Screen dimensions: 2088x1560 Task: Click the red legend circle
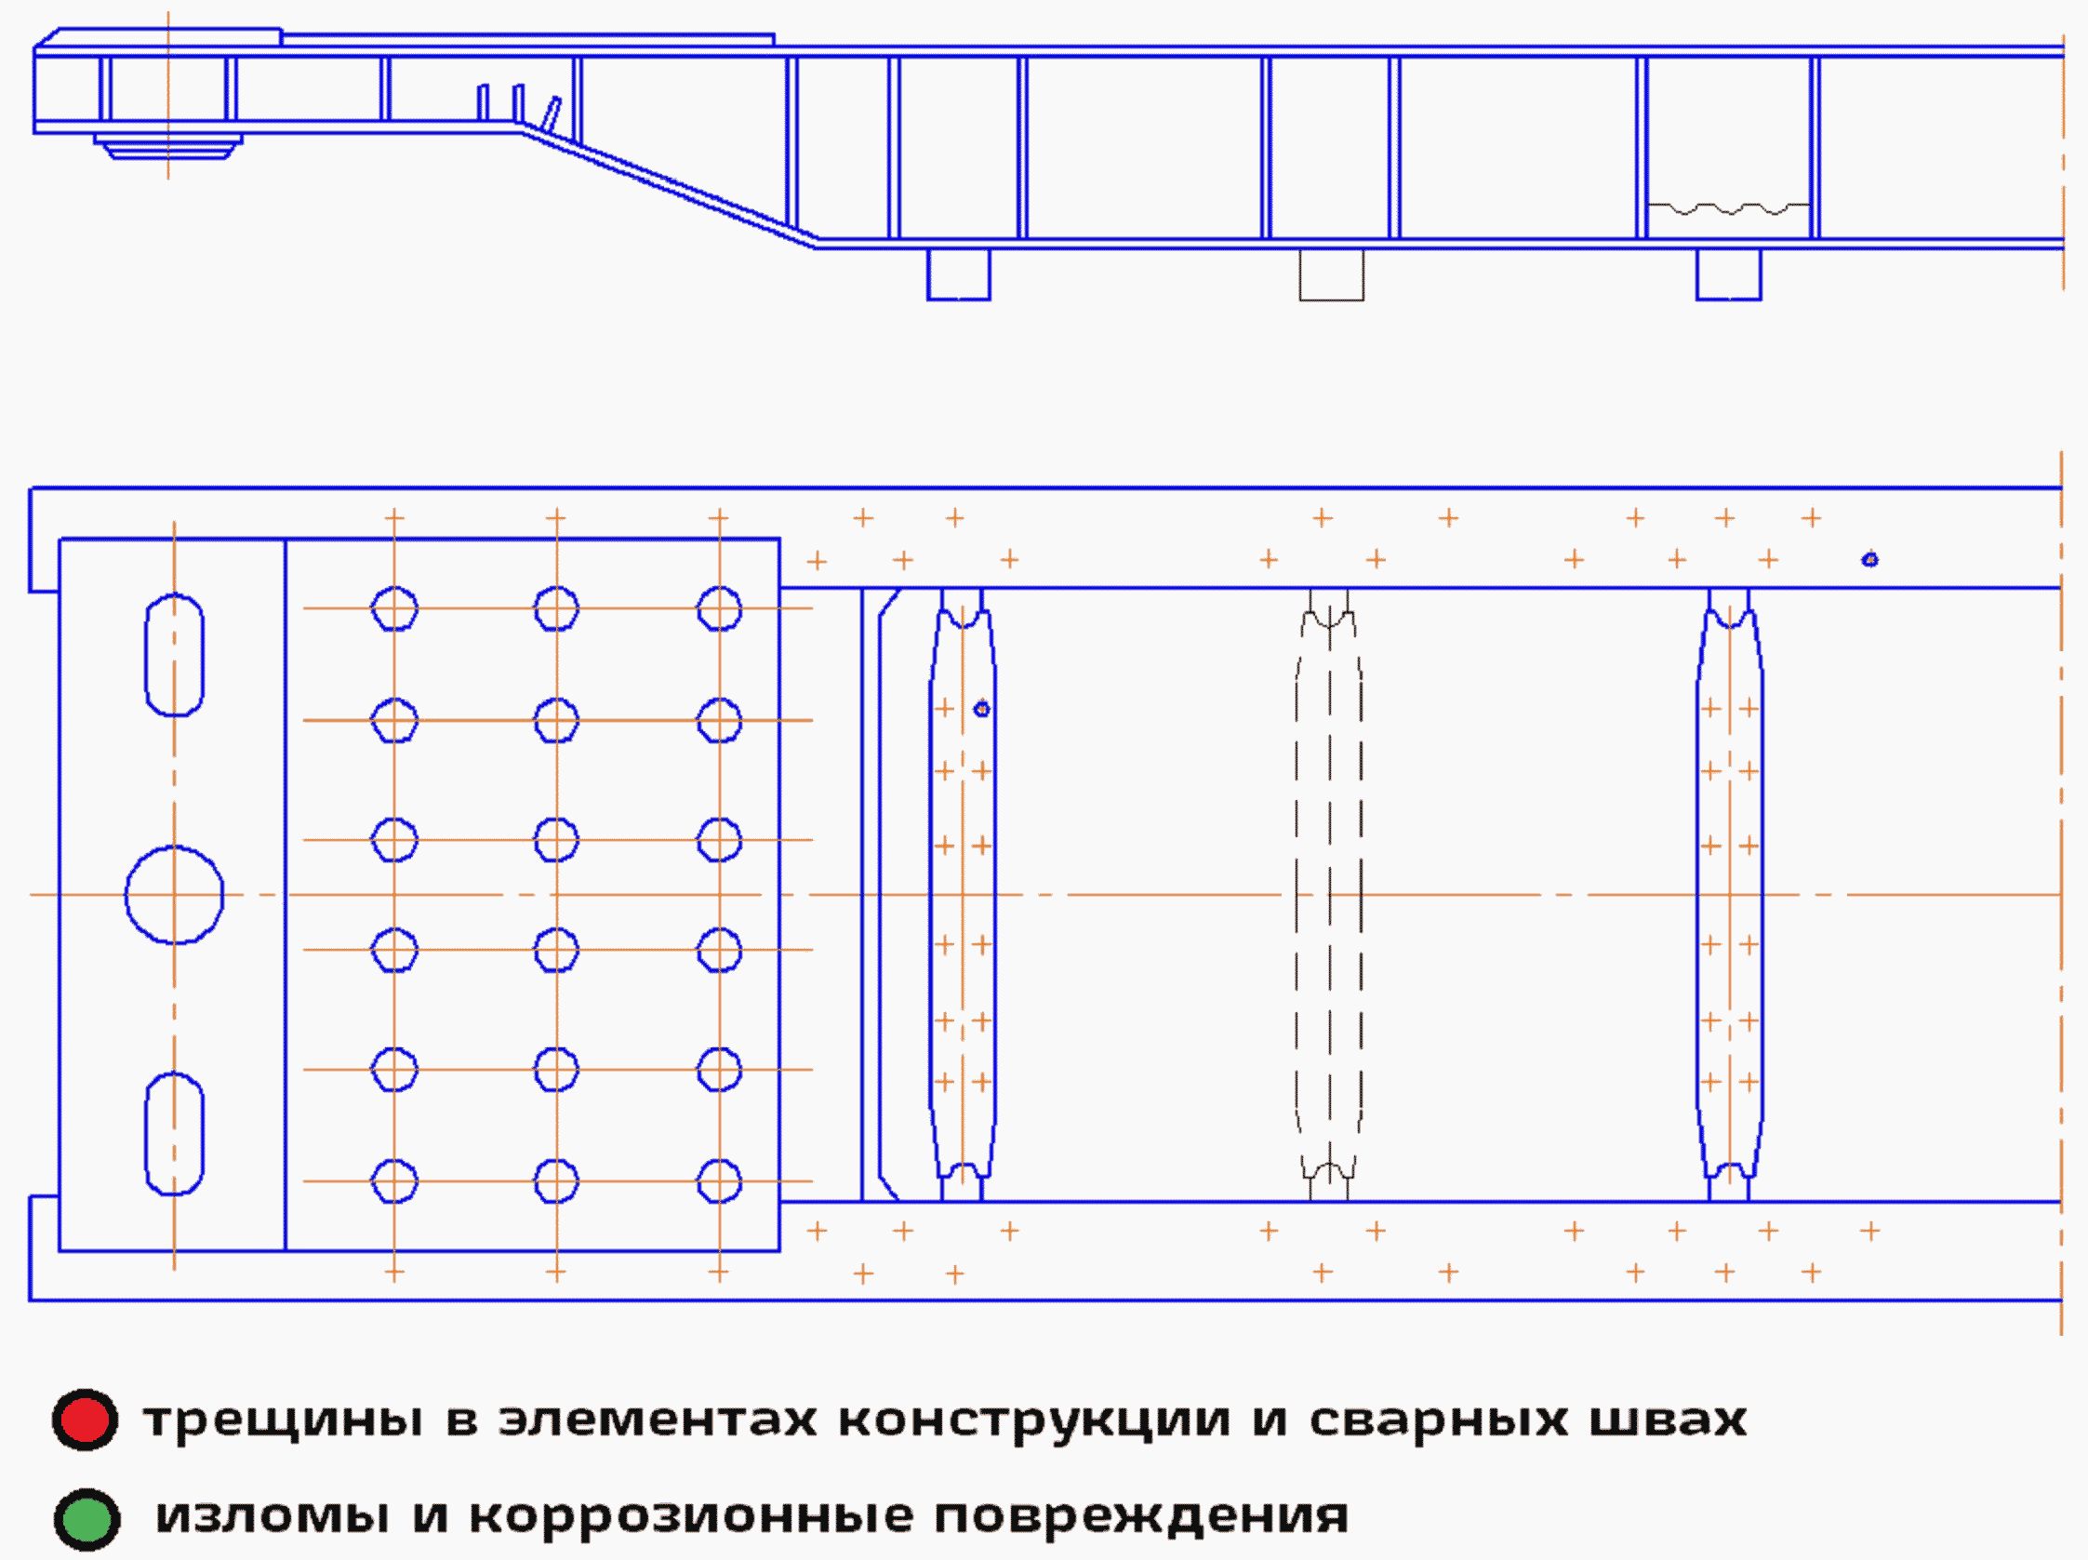tap(85, 1420)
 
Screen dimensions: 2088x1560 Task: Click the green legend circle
tap(86, 1519)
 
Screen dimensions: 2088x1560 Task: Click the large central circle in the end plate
tap(175, 894)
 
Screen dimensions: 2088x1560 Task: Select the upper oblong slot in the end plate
tap(175, 654)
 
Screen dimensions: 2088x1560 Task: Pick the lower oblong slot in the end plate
tap(175, 1133)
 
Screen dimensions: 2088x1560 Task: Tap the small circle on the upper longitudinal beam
tap(1870, 560)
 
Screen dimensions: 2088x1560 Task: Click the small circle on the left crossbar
tap(982, 708)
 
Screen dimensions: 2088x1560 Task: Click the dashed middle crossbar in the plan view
tap(1329, 894)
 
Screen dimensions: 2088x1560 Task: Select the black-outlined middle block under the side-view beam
tap(1331, 274)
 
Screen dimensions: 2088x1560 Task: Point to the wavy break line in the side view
tap(1728, 207)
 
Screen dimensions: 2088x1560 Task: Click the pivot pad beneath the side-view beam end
tap(168, 146)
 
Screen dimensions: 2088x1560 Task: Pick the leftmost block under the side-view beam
tap(958, 274)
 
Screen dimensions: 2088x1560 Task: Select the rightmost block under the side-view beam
tap(1728, 274)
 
